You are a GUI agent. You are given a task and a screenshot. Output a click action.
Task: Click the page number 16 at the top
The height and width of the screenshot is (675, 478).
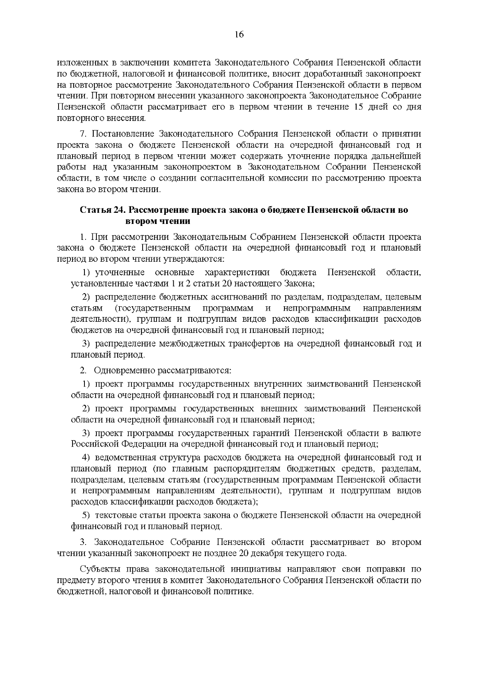coord(239,35)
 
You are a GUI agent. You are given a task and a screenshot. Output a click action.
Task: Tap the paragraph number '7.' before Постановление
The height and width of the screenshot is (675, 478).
coord(83,134)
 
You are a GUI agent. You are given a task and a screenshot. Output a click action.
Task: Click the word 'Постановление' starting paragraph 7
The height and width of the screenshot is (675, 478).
coord(121,134)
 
